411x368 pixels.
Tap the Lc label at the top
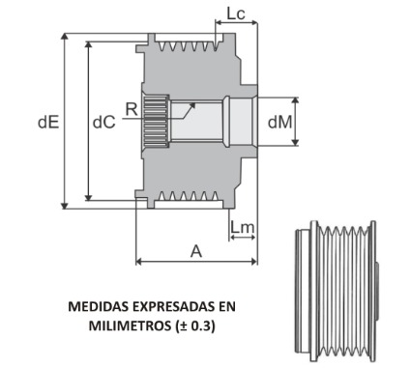[x=235, y=14]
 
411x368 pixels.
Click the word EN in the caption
[x=226, y=307]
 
